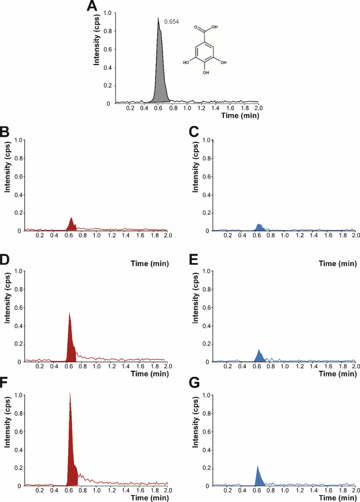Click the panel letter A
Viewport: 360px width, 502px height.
pyautogui.click(x=92, y=7)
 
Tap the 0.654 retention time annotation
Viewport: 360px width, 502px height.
pyautogui.click(x=171, y=22)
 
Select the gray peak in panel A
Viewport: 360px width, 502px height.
pyautogui.click(x=159, y=74)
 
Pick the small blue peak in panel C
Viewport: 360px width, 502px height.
pyautogui.click(x=259, y=227)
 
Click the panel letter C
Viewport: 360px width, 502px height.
pyautogui.click(x=194, y=133)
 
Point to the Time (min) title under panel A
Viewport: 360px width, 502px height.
pyautogui.click(x=239, y=114)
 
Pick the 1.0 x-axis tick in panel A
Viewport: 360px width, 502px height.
pyautogui.click(x=188, y=109)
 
